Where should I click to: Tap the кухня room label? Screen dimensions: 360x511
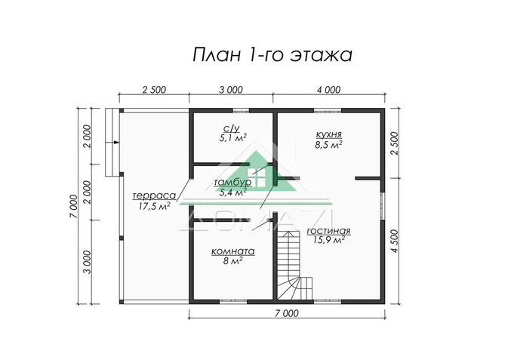coord(329,131)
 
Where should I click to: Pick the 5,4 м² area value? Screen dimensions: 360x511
coord(232,193)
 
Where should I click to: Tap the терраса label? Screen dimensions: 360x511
coord(148,193)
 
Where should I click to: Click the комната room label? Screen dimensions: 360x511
coord(232,252)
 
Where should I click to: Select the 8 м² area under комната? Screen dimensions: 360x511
coord(232,263)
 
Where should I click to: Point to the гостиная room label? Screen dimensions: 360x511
coord(330,229)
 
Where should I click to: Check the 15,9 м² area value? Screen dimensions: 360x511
coord(329,240)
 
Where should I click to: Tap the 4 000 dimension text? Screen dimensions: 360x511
coord(328,90)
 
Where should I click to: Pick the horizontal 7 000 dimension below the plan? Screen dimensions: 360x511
coord(287,312)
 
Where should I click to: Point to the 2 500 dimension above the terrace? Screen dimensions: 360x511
coord(153,90)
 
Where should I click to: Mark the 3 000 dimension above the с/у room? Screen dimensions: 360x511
coord(231,90)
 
